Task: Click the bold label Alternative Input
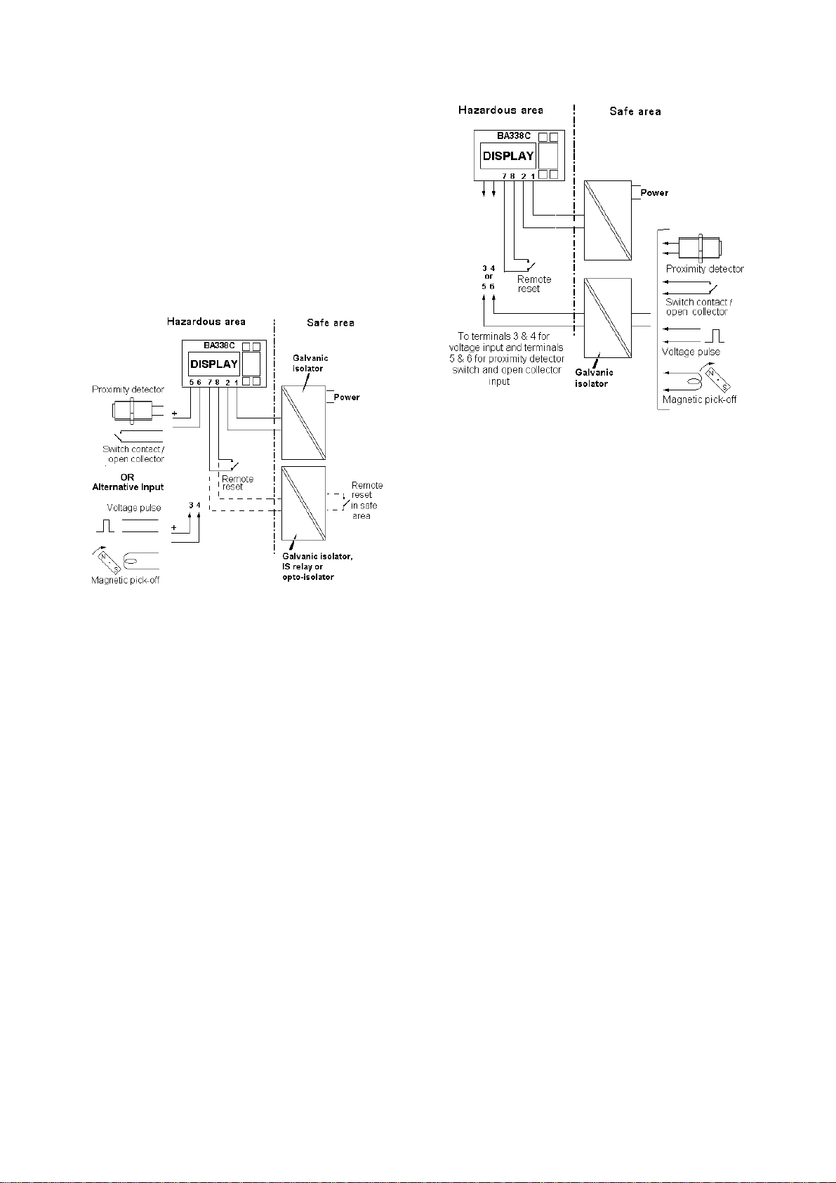click(128, 487)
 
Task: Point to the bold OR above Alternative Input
click(127, 477)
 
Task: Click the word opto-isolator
click(308, 577)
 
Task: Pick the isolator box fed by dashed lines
click(303, 503)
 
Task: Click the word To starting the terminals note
click(464, 336)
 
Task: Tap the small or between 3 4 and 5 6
click(489, 277)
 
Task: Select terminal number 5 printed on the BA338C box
click(191, 382)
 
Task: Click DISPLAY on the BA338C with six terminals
click(214, 364)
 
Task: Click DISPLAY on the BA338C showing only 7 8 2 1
click(508, 156)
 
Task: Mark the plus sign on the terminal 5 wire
click(174, 414)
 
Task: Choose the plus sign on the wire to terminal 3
click(174, 527)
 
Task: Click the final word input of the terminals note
click(499, 381)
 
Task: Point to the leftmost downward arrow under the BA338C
click(484, 190)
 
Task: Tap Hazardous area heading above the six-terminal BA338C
click(206, 322)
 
